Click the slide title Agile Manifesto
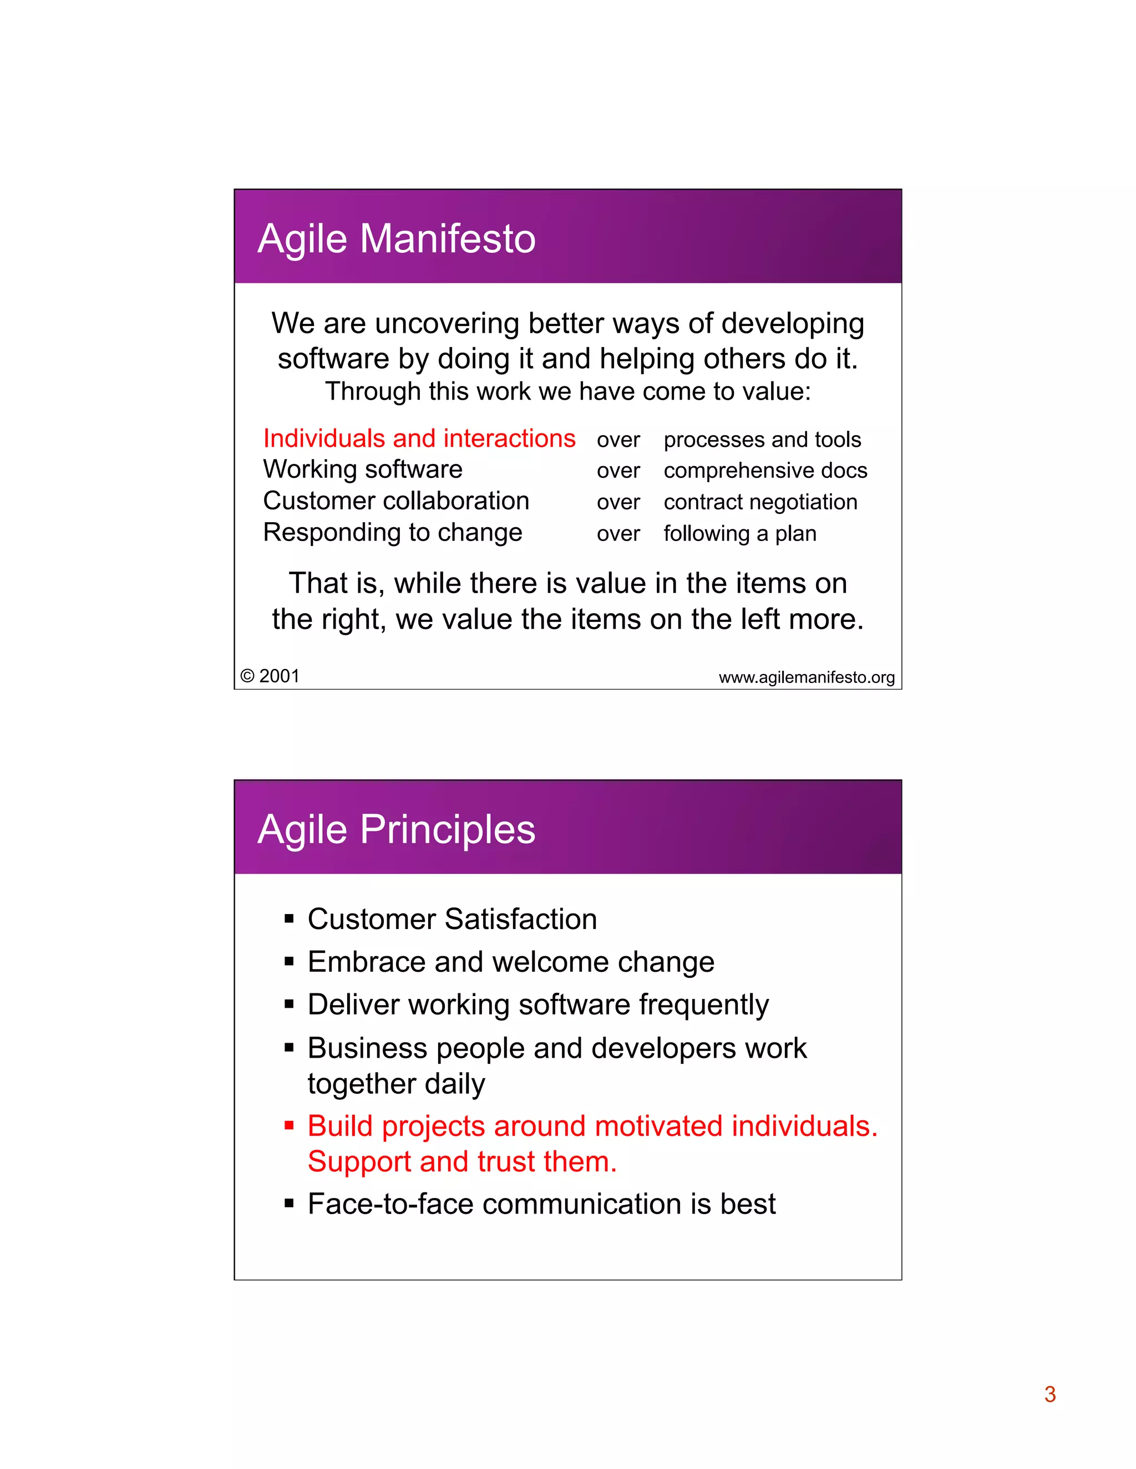click(397, 239)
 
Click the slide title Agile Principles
click(397, 829)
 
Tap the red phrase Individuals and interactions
click(419, 438)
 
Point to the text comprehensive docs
click(765, 471)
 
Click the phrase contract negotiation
click(760, 502)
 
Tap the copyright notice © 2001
click(270, 676)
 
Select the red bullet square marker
click(290, 1125)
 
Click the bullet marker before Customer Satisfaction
click(290, 919)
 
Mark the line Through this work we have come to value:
click(568, 391)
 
